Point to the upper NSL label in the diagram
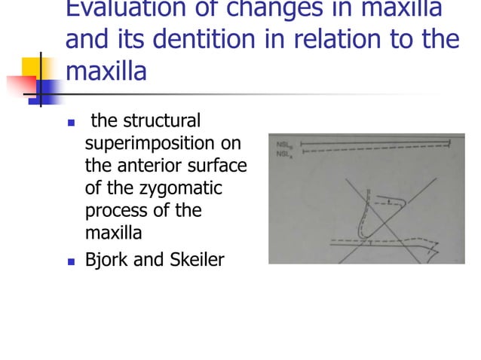285,141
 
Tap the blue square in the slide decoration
46,91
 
